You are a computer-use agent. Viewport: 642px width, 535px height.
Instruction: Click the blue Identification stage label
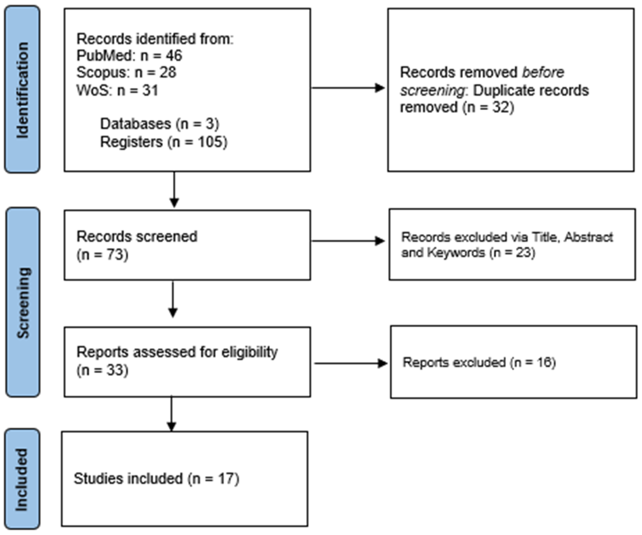(22, 89)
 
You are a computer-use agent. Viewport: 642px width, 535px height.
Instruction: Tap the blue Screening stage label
(23, 302)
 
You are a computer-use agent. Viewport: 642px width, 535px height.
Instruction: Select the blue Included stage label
(22, 479)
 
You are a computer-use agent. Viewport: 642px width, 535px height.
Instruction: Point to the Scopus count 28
(168, 73)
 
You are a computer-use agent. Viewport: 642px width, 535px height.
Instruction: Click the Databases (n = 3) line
(160, 124)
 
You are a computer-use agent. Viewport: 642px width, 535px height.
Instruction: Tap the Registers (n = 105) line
(164, 142)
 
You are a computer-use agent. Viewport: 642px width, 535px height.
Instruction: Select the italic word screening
(433, 91)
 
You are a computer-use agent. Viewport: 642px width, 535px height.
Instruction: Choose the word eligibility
(249, 352)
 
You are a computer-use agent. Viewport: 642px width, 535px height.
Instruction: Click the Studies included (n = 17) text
(156, 479)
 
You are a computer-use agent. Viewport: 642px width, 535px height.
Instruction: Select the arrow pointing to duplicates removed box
(348, 88)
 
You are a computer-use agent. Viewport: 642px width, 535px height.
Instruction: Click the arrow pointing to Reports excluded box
(351, 363)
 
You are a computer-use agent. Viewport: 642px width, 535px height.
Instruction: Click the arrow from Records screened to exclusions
(348, 241)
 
